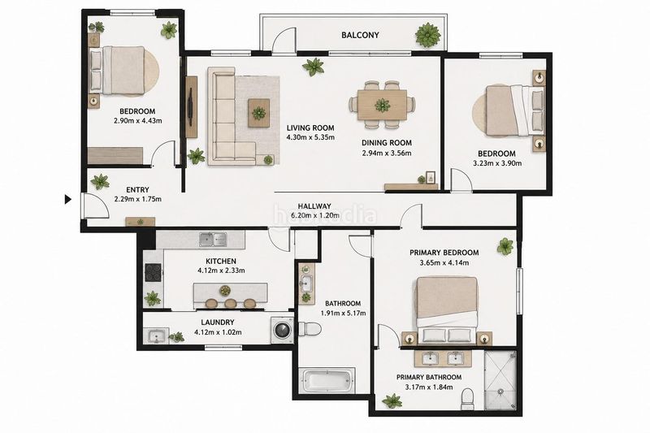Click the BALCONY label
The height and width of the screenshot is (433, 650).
point(360,35)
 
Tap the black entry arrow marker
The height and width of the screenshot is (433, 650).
point(68,200)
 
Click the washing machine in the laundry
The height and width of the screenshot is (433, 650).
point(282,331)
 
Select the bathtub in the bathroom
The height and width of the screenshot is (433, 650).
point(328,381)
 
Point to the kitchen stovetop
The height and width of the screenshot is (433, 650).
point(153,273)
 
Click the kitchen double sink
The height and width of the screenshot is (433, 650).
point(213,239)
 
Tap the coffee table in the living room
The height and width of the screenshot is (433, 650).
point(258,113)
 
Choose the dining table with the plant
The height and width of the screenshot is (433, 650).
point(382,105)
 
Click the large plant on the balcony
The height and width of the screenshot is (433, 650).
point(428,35)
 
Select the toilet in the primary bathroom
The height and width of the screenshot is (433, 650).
point(467,398)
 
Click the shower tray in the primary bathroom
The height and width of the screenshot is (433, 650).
point(500,380)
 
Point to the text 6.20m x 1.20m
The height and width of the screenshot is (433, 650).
point(315,215)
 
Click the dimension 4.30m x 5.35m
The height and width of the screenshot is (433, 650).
point(310,137)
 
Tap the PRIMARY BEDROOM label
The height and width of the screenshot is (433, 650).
point(444,253)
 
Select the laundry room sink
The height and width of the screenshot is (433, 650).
point(156,336)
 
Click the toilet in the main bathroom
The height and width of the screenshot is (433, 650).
point(310,329)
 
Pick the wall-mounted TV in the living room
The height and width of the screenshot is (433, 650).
point(191,106)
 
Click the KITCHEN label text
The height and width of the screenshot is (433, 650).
point(221,261)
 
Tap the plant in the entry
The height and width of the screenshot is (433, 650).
point(100,181)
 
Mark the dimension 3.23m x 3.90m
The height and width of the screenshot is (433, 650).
point(497,163)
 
